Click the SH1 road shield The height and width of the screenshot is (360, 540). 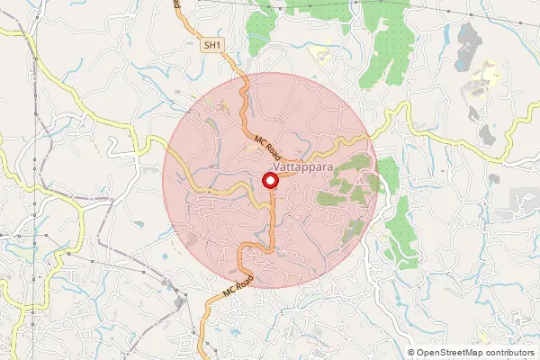[212, 44]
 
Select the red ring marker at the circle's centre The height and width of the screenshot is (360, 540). [269, 181]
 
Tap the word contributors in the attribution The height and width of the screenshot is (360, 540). [508, 353]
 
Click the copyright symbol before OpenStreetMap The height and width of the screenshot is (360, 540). [411, 353]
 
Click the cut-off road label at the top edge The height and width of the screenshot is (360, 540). [178, 4]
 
